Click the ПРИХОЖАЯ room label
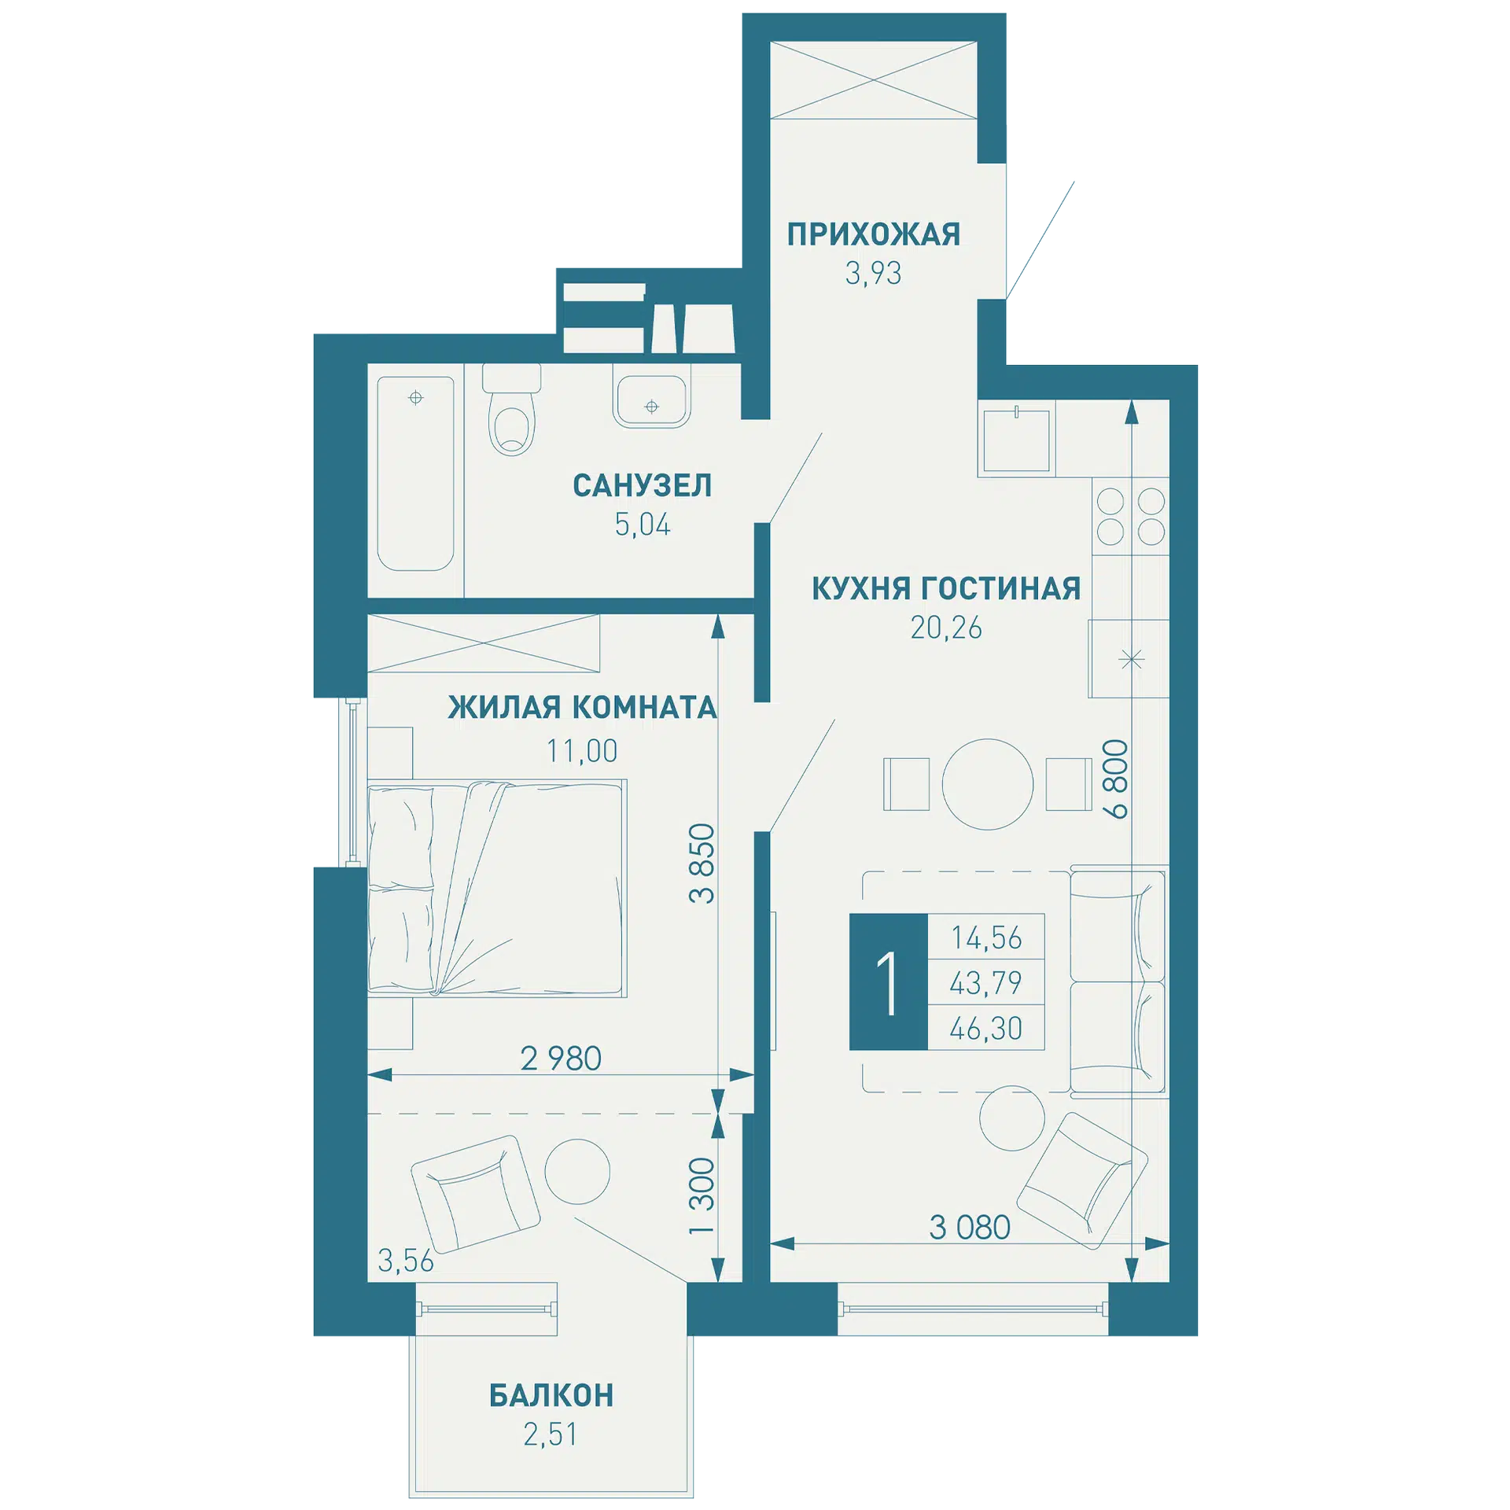tap(874, 234)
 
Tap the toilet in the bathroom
tap(511, 410)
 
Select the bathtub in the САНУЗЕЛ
tap(415, 473)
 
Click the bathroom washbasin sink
tap(651, 402)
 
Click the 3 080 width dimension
tap(970, 1227)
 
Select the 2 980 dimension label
tap(561, 1059)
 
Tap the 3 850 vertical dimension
tap(702, 863)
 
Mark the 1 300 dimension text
tap(702, 1195)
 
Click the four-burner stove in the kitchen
tap(1131, 516)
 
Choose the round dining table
tap(988, 784)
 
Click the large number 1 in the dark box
tap(889, 982)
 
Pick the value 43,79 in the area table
tap(986, 982)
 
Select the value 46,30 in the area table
tap(986, 1028)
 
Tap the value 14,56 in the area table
tap(986, 937)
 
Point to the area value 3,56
tap(406, 1261)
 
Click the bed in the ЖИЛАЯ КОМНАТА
tap(497, 889)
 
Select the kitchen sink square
tap(1016, 440)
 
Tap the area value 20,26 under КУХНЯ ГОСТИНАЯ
tap(946, 628)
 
